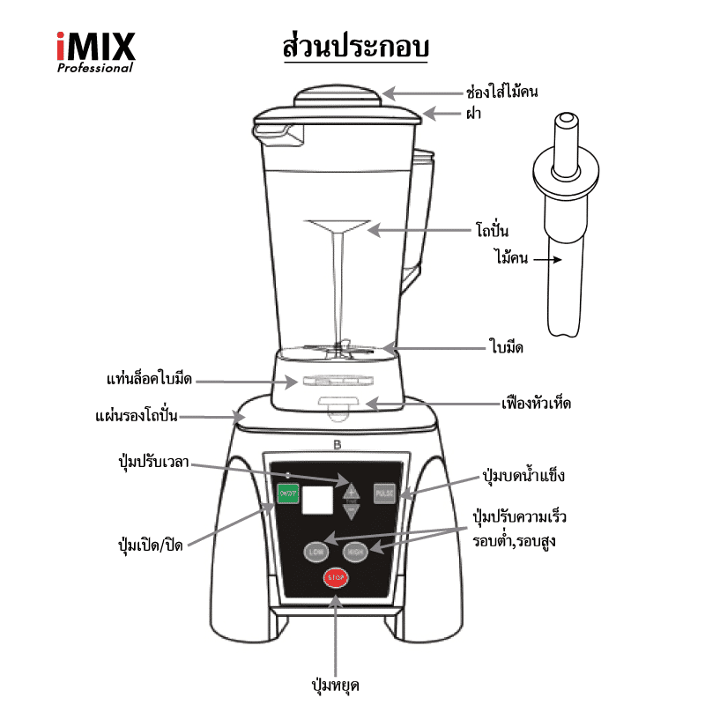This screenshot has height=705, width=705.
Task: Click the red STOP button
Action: pyautogui.click(x=335, y=577)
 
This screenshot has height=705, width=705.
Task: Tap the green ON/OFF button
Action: pyautogui.click(x=287, y=495)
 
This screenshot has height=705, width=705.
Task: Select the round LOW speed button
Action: pyautogui.click(x=315, y=552)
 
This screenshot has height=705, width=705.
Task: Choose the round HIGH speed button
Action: pyautogui.click(x=355, y=552)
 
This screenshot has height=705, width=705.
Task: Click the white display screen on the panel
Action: pyautogui.click(x=317, y=501)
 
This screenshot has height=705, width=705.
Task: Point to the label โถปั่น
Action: pyautogui.click(x=493, y=231)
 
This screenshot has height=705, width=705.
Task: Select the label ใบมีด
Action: pyautogui.click(x=507, y=346)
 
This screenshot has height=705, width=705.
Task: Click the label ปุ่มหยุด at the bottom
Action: pyautogui.click(x=336, y=685)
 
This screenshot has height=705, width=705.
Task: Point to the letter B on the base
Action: pyautogui.click(x=337, y=444)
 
